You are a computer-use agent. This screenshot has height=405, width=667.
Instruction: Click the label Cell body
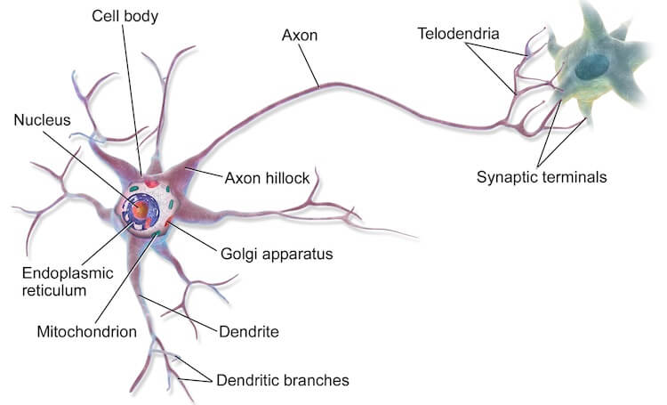[x=125, y=17]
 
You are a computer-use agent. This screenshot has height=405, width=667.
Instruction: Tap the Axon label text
[x=300, y=36]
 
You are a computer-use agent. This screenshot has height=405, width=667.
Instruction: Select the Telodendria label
[x=458, y=34]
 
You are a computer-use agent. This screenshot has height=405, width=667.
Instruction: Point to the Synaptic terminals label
[x=542, y=177]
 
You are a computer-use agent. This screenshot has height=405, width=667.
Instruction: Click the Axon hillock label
[x=267, y=178]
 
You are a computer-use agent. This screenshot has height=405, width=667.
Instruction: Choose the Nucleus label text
[x=42, y=120]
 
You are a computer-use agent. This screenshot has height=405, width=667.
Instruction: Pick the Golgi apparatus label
[x=277, y=255]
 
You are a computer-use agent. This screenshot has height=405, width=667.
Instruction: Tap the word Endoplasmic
[x=68, y=273]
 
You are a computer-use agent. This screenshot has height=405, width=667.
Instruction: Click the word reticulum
[x=54, y=291]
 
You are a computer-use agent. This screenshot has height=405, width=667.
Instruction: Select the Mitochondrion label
[x=87, y=332]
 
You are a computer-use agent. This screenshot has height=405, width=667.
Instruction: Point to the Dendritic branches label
[x=283, y=380]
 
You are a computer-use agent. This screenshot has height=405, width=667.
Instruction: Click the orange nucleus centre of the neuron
[x=141, y=209]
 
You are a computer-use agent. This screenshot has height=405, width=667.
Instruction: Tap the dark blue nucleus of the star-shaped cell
[x=591, y=68]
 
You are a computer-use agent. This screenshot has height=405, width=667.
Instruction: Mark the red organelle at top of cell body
[x=151, y=183]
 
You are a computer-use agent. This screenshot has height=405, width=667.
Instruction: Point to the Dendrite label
[x=249, y=332]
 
